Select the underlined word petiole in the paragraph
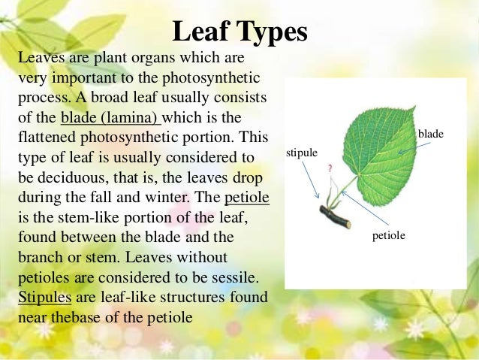[246, 199]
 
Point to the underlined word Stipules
[44, 296]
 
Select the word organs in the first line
[143, 58]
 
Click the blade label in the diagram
[430, 133]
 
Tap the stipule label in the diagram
[303, 153]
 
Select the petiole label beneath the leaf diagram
[388, 235]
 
